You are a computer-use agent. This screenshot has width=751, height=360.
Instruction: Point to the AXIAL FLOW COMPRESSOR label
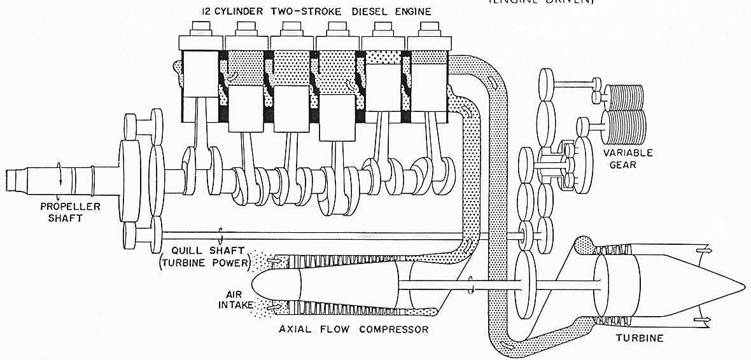point(354,329)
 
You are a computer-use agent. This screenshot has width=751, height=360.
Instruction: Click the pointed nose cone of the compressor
point(264,286)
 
